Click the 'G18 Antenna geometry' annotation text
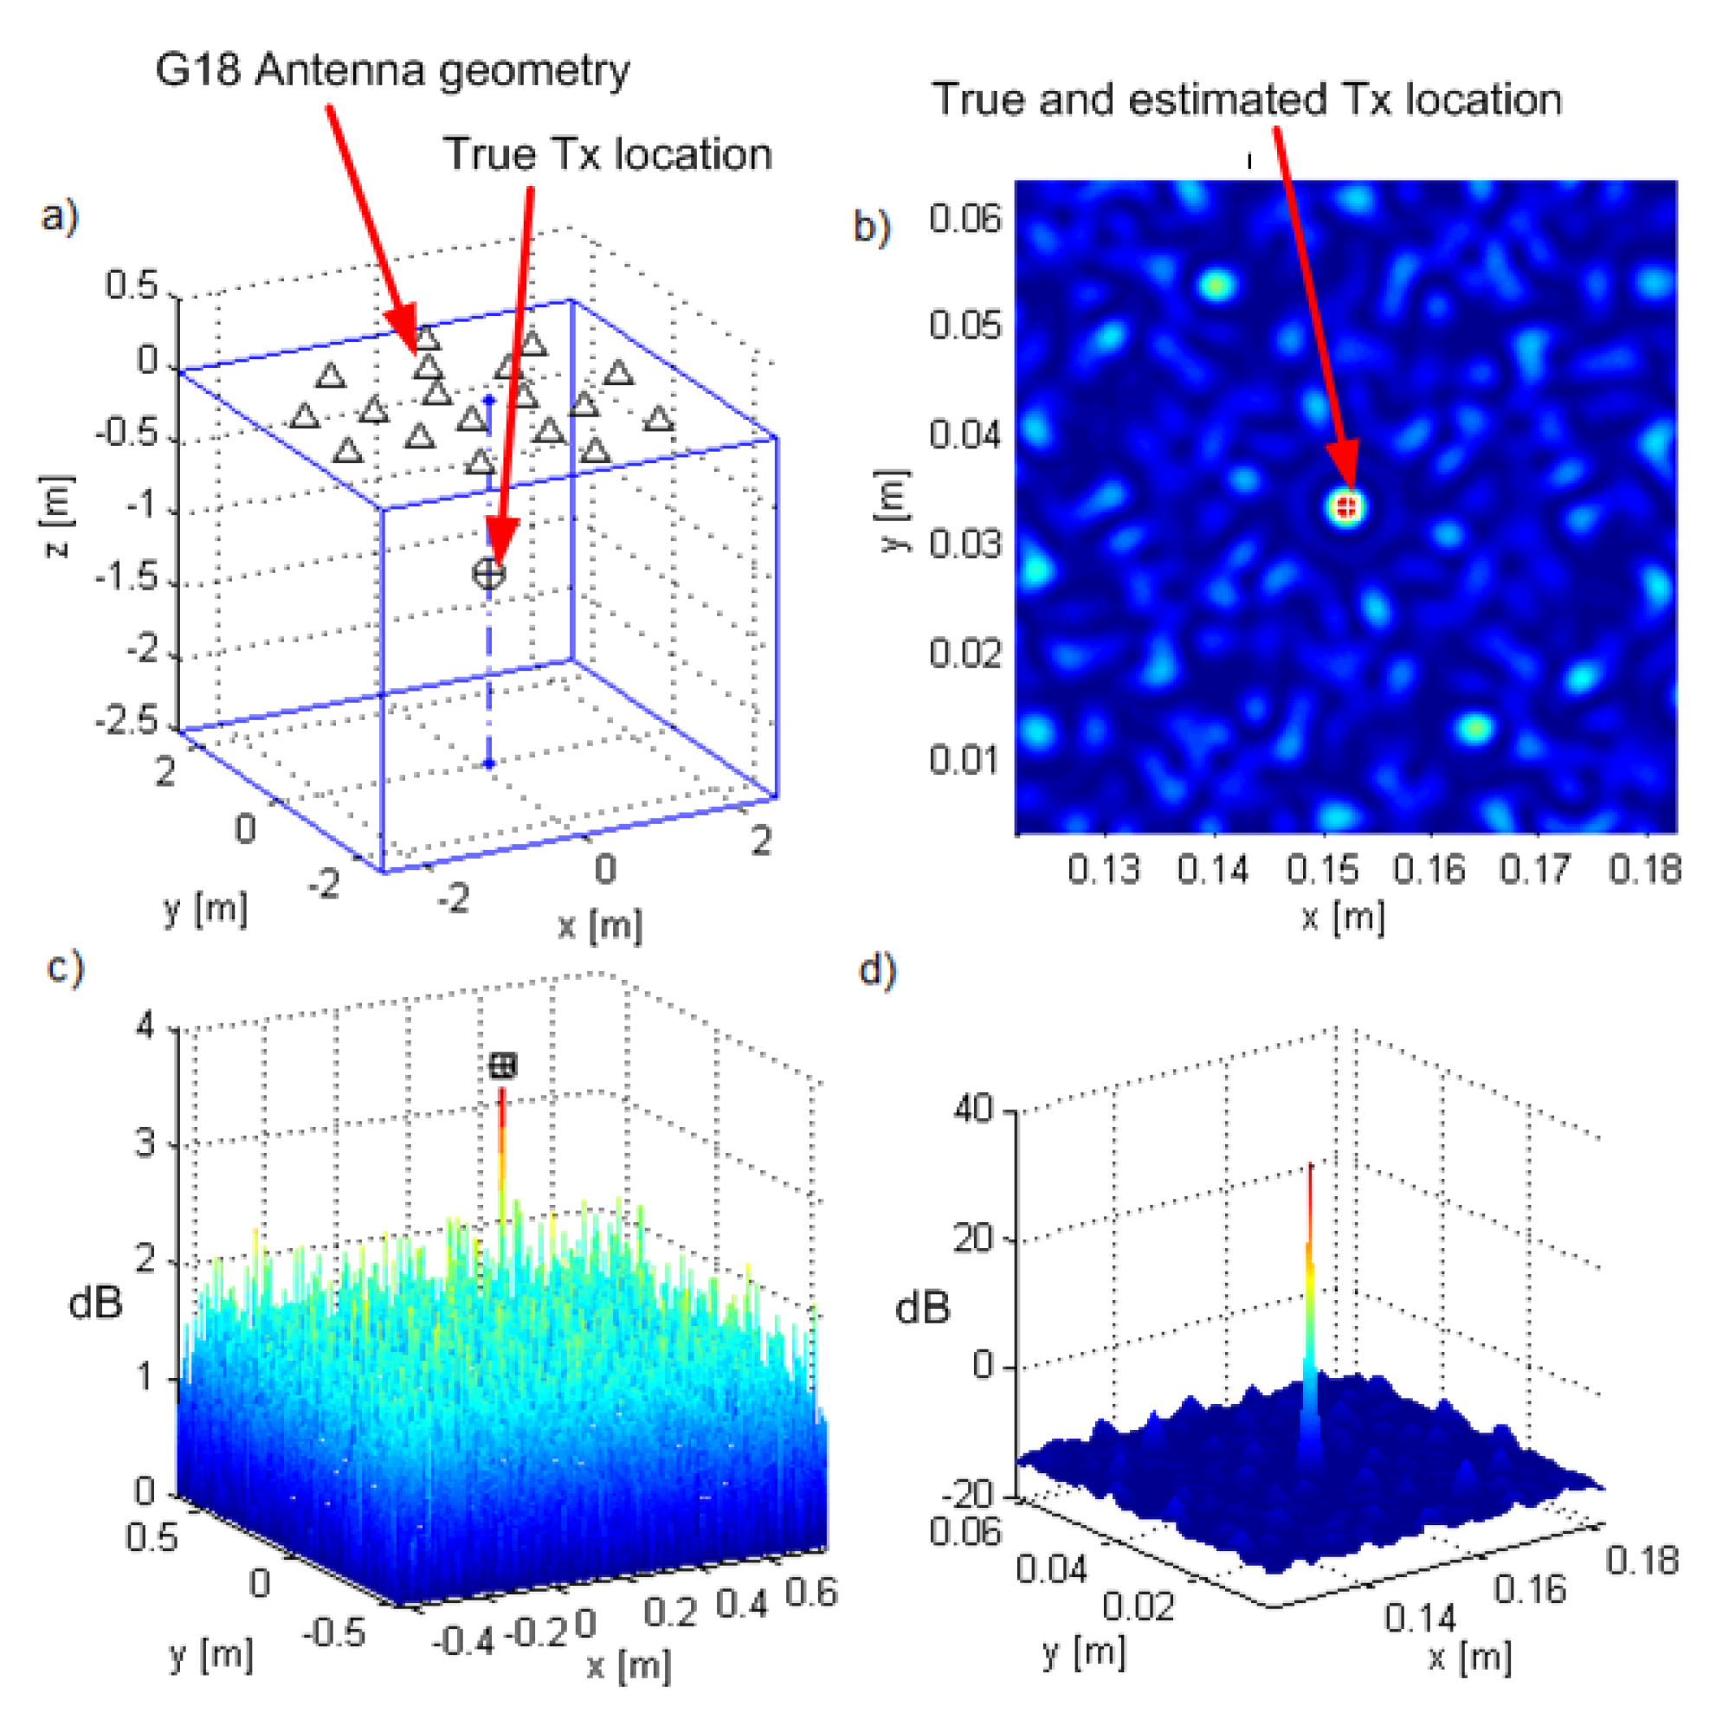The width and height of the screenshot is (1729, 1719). coord(392,71)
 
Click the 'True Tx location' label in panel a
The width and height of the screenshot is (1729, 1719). coord(607,154)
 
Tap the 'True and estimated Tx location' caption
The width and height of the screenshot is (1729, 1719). coord(1246,99)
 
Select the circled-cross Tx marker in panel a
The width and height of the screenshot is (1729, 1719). coord(488,573)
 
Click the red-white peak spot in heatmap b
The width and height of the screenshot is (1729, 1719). coord(1346,507)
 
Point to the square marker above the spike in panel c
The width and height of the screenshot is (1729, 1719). coord(503,1065)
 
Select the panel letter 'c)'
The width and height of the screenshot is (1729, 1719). coord(64,969)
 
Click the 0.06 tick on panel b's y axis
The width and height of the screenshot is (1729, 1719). coord(964,217)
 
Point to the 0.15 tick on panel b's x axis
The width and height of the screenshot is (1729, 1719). coord(1323,869)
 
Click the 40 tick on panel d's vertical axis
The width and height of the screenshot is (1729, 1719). coord(973,1110)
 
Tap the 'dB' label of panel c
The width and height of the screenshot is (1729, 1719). coord(96,1303)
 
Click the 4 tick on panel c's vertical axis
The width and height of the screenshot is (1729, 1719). coord(145,1026)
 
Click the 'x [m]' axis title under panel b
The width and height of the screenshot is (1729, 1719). coord(1342,917)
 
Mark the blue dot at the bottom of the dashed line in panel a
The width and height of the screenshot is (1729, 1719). coord(488,763)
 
